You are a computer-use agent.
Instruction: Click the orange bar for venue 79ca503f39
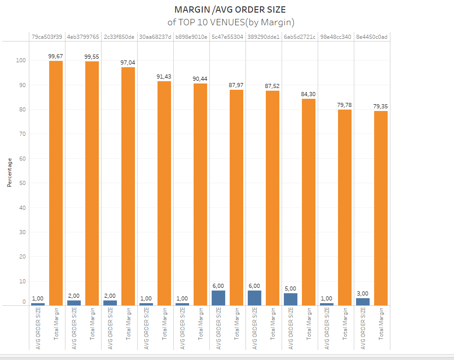pos(56,183)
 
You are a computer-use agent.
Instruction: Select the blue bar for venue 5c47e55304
pos(218,298)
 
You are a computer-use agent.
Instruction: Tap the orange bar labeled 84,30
pos(309,202)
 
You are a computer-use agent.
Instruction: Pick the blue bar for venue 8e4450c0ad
pos(363,301)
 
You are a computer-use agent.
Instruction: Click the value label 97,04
pos(128,62)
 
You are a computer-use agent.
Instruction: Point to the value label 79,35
pos(381,106)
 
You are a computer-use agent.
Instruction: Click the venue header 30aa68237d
pos(155,37)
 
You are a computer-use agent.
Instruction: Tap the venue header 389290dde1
pos(264,37)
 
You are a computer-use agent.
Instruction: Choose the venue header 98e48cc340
pos(336,37)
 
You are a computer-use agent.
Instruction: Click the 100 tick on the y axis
pos(21,60)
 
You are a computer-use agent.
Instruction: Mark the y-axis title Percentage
pos(9,172)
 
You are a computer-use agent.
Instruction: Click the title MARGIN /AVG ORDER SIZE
pos(230,9)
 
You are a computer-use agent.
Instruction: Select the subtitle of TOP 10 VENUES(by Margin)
pos(230,22)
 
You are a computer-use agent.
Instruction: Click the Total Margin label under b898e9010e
pos(200,323)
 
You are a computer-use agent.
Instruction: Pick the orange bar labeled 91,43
pos(164,193)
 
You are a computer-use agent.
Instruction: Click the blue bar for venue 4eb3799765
pos(74,303)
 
